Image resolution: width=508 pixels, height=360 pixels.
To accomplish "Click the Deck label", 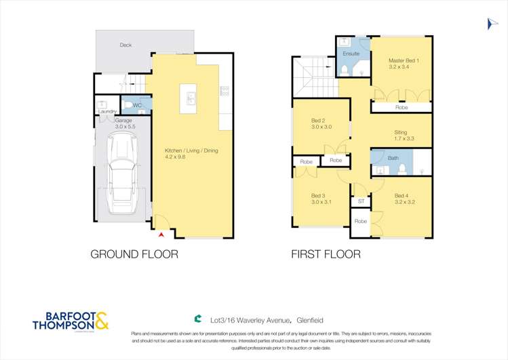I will click(x=125, y=45).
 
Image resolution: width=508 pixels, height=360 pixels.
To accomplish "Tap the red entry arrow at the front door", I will click(x=161, y=235).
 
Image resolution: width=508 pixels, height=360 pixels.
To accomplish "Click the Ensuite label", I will click(x=351, y=54).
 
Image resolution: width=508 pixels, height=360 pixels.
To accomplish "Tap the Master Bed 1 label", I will click(x=404, y=60).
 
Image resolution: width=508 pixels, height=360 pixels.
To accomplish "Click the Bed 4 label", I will click(x=404, y=197).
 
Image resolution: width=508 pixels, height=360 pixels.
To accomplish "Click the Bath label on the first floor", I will click(x=393, y=158).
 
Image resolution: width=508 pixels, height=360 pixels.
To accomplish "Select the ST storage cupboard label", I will click(x=361, y=201).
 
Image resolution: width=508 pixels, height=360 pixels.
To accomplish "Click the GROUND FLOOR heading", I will click(x=134, y=255).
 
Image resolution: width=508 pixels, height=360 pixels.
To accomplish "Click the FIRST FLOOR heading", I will click(x=326, y=255).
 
